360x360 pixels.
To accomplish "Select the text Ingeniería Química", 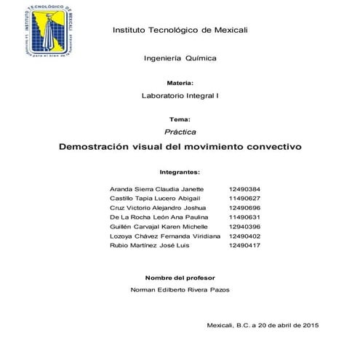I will pos(180,57).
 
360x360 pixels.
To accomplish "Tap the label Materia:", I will pos(180,83).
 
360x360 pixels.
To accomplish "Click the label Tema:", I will pos(180,119).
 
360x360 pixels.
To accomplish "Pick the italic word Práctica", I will pos(180,132).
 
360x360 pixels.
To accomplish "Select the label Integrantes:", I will pos(180,172).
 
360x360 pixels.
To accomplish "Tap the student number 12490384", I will pos(244,188).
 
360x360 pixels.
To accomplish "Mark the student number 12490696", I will pos(244,207).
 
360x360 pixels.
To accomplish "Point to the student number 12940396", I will pos(244,227).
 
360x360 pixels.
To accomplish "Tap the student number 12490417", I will pos(244,246).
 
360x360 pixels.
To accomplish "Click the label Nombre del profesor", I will pos(180,278).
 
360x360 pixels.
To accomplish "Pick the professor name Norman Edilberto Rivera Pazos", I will pos(180,289).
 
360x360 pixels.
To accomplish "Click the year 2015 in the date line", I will pos(310,325).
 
